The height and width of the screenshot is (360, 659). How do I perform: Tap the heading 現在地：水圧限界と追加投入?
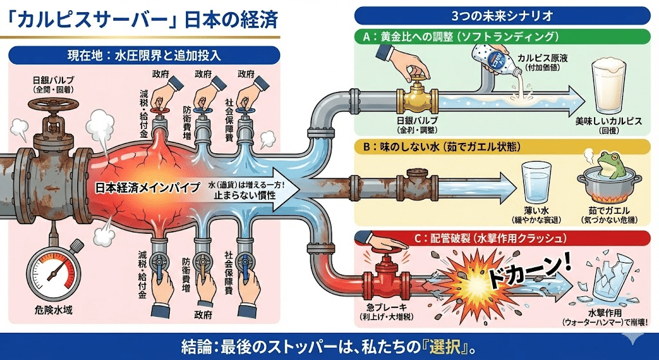coord(144,55)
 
